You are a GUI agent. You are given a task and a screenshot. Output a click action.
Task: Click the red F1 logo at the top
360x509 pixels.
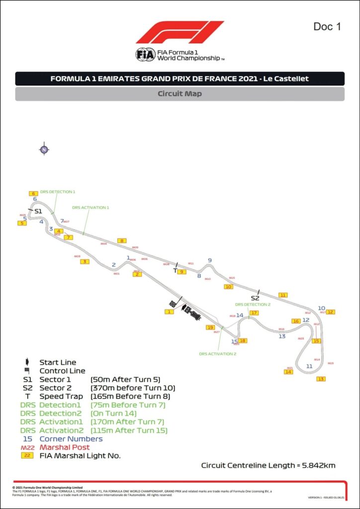[x=180, y=32]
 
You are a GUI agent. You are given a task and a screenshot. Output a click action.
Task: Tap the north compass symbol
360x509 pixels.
[x=44, y=150]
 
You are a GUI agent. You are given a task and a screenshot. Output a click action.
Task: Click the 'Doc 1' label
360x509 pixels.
[x=327, y=26]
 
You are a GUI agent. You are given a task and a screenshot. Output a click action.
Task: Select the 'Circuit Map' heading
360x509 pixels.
[x=180, y=93]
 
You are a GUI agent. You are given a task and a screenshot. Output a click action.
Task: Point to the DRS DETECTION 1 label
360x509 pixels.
[x=58, y=191]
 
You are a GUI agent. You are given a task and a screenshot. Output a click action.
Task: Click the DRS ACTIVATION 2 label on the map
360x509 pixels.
[x=217, y=354]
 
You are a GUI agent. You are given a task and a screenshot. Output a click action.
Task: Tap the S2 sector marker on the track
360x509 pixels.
[x=255, y=298]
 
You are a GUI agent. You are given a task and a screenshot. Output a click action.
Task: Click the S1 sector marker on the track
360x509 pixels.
[x=38, y=211]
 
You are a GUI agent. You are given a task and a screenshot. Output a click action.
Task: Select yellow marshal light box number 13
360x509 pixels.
[x=321, y=379]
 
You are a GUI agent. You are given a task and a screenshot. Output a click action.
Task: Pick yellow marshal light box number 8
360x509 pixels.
[x=122, y=241]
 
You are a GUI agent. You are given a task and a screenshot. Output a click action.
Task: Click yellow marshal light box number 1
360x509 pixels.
[x=170, y=312]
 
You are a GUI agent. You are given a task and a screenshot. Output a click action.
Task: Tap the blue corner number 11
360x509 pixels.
[x=309, y=366]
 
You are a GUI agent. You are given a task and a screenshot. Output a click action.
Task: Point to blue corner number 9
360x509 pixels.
[x=210, y=260]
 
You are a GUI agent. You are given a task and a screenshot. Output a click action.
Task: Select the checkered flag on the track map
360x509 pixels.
[x=173, y=304]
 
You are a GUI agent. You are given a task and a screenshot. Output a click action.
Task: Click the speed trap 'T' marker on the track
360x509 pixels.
[x=175, y=271]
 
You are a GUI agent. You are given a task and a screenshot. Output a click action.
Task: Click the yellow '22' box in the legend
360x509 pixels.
[x=27, y=455]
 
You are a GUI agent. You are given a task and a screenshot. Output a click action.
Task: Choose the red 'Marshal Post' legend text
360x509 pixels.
[x=65, y=447]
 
